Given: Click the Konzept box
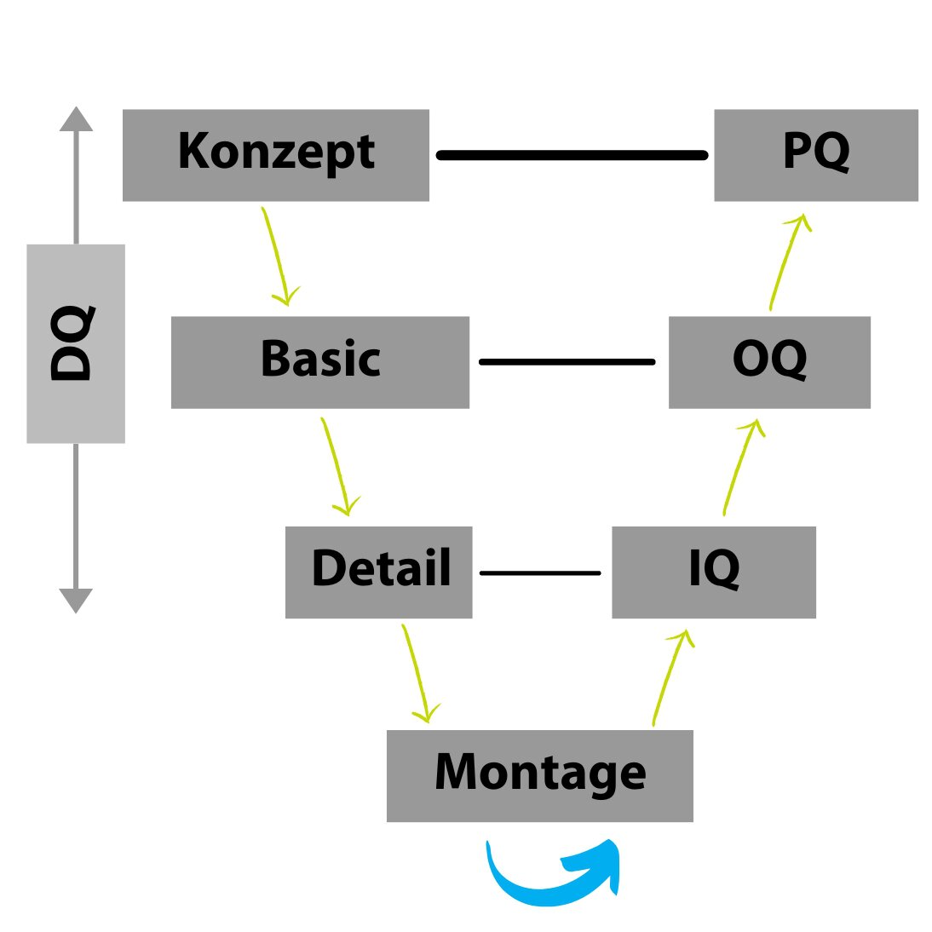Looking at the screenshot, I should (275, 155).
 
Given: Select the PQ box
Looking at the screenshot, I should (815, 155).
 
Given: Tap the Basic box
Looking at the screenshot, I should (319, 362).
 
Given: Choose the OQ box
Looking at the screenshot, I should (768, 362).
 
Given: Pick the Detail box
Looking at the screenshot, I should (378, 572).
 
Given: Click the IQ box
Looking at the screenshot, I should (713, 572).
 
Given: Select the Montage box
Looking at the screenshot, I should (539, 775).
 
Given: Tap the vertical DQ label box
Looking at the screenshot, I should (75, 343).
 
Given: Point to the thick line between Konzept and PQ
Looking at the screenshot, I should (572, 155).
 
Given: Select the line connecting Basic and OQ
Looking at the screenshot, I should (567, 362).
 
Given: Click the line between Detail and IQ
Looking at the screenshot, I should (540, 572).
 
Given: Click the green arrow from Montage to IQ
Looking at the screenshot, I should (670, 677).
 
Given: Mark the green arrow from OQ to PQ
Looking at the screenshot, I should (785, 260).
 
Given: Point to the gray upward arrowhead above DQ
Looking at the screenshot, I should (76, 119).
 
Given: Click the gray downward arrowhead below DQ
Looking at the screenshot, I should (76, 600).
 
